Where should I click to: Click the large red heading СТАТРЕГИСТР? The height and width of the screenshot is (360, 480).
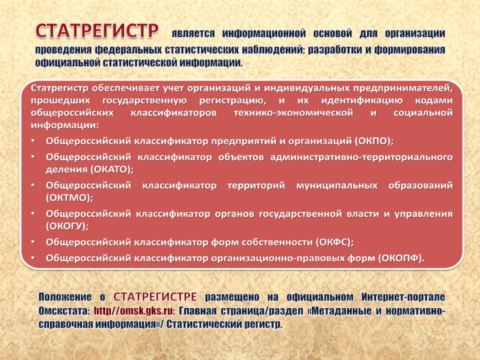click(x=97, y=30)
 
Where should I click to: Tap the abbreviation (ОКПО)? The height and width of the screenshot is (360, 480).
click(x=374, y=141)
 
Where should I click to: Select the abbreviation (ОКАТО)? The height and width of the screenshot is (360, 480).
click(x=111, y=169)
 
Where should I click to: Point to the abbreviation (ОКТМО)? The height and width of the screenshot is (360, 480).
click(x=69, y=197)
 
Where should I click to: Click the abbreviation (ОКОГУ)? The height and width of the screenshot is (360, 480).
click(x=67, y=226)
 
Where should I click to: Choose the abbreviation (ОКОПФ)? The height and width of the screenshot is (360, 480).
click(x=401, y=258)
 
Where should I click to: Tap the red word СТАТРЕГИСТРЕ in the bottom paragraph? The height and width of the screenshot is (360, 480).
click(x=155, y=296)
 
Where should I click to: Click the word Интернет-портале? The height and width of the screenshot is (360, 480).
click(x=403, y=297)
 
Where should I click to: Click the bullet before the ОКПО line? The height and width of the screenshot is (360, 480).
click(x=33, y=141)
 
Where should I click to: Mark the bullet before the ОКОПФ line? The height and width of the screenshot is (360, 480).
click(x=33, y=258)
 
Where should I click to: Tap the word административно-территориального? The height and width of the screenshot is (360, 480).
click(x=361, y=157)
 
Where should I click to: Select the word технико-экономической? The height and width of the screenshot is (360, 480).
click(x=293, y=112)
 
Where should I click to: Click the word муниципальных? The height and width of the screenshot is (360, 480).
click(x=336, y=185)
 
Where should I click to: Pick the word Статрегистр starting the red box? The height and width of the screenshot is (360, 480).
click(x=59, y=88)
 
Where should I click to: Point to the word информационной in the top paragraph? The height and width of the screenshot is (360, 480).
click(x=264, y=33)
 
